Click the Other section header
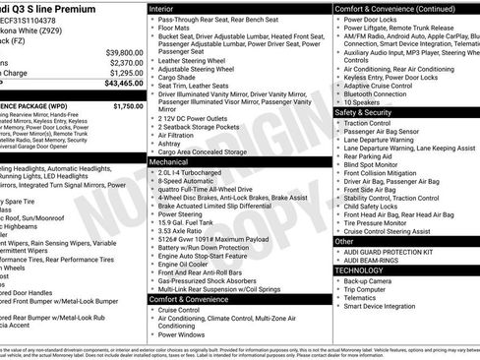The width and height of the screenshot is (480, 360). click(x=344, y=240)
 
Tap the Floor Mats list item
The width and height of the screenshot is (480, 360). click(x=178, y=30)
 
